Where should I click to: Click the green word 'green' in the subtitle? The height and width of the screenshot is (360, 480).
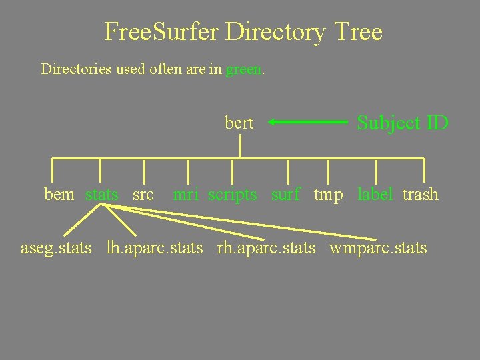245,69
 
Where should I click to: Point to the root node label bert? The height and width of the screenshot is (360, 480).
239,123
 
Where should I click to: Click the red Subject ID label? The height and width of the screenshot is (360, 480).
403,123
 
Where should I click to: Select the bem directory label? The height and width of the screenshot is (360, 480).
59,195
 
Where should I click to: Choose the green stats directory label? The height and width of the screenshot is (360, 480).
102,195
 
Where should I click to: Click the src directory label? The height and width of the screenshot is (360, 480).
143,195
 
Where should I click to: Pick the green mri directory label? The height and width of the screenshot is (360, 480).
186,195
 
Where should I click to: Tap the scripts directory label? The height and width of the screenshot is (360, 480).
232,195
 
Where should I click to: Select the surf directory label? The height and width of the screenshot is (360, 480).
286,195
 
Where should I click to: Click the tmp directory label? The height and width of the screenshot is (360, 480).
329,195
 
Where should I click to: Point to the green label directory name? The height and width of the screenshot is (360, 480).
376,195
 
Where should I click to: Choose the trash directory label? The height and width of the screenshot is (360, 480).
421,195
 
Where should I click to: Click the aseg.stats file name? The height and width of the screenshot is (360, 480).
56,249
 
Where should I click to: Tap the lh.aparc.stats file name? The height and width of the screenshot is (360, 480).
155,249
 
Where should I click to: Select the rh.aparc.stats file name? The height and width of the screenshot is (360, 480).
266,249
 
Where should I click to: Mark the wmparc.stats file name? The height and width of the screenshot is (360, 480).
378,249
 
